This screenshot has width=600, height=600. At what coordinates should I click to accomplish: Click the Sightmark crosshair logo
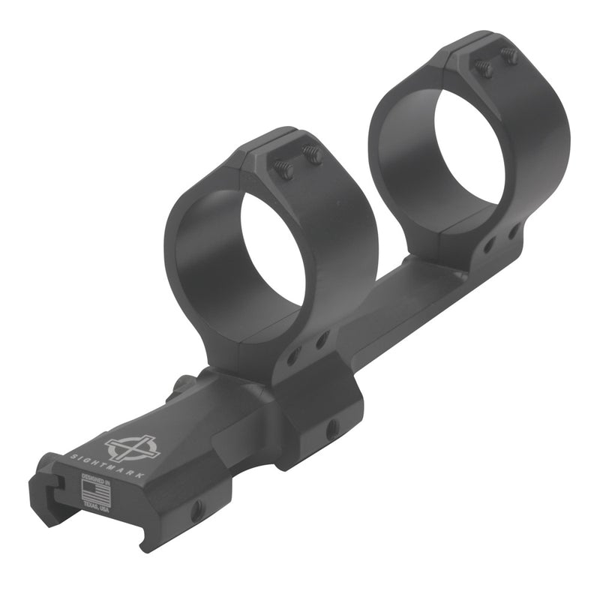click(132, 448)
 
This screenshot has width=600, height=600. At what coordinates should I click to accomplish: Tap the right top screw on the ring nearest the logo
click(313, 155)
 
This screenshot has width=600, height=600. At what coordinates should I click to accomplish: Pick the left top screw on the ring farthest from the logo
click(484, 68)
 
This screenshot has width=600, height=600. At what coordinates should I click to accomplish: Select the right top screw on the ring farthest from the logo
click(510, 55)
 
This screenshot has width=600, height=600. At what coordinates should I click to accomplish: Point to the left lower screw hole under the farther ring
click(488, 244)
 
